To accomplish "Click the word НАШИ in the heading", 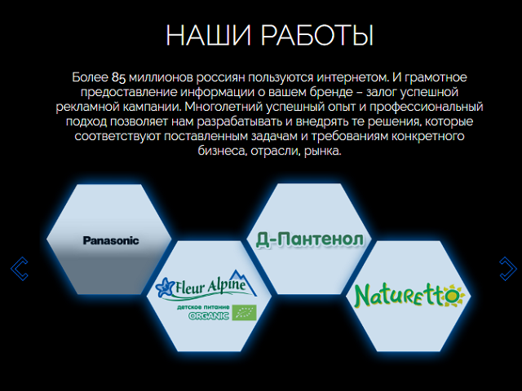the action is (209, 35).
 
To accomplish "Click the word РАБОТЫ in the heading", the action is (317, 35).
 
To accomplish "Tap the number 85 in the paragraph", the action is (118, 77).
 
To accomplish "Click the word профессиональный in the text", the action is (426, 107).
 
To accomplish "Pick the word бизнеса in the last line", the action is (222, 151).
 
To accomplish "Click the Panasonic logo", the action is (111, 240).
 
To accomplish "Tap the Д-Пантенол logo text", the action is (310, 239).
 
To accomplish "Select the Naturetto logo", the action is (409, 296).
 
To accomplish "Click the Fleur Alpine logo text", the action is (210, 286).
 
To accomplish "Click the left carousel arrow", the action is (20, 269).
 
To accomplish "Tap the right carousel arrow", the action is (508, 269).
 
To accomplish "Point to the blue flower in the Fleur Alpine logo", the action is (165, 287).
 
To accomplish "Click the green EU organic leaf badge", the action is (245, 313).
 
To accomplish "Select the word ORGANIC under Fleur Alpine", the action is (209, 316).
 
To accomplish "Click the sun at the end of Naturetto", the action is (453, 295).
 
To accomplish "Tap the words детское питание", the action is (203, 307).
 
